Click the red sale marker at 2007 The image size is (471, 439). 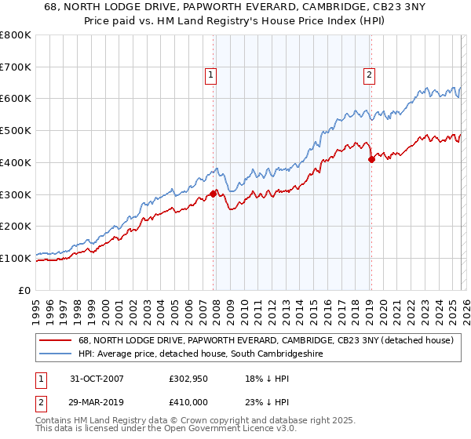click(x=213, y=193)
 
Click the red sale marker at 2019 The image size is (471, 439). click(x=371, y=159)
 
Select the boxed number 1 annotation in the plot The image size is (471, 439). click(x=212, y=75)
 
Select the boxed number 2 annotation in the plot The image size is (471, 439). click(x=369, y=75)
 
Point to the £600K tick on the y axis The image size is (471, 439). click(x=16, y=99)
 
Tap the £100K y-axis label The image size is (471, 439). click(x=16, y=258)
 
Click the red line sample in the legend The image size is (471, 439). click(x=55, y=341)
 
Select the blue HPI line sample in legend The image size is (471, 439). click(x=55, y=354)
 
